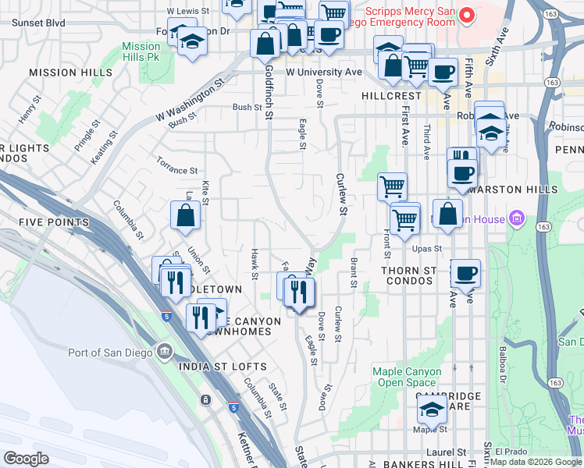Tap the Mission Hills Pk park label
point(141,52)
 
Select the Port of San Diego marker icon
point(164,351)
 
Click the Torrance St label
point(177,170)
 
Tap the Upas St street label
point(428,249)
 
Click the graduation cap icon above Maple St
point(431,409)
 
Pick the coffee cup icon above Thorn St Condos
point(466,273)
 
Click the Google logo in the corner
point(26,459)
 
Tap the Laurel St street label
point(447,452)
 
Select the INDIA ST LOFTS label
point(223,367)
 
